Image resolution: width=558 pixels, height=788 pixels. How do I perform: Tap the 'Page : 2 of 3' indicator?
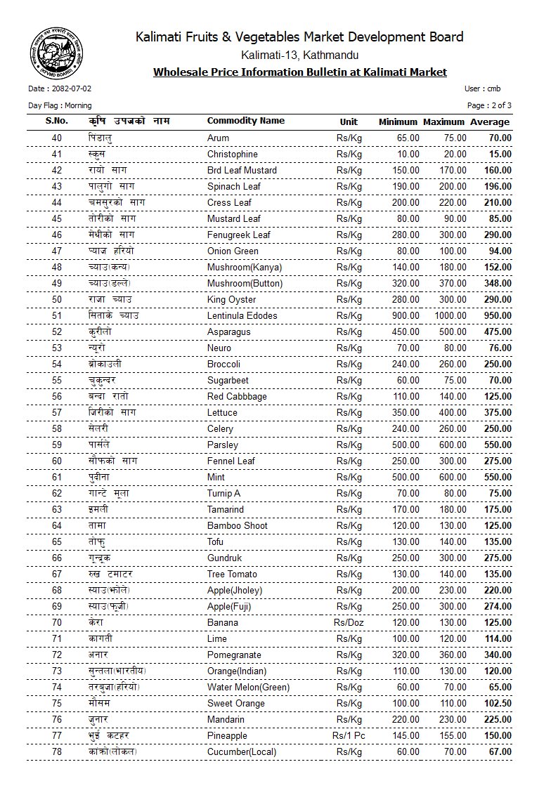click(489, 105)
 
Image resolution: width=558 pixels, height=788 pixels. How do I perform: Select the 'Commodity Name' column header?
click(246, 121)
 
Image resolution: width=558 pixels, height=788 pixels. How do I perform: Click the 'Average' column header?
click(490, 122)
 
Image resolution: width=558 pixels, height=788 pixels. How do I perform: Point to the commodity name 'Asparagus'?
click(228, 331)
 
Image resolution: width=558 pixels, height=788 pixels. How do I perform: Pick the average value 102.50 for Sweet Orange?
click(495, 703)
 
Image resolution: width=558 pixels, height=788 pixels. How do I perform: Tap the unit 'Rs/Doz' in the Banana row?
click(349, 622)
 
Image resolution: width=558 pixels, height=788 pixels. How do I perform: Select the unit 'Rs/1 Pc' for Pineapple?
click(349, 735)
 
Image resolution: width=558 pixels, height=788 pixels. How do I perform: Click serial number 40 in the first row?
click(57, 138)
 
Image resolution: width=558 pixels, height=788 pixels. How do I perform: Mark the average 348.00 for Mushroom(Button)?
click(497, 283)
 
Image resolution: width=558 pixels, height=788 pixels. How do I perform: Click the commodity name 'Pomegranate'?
click(234, 655)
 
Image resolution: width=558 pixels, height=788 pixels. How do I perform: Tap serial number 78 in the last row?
click(57, 751)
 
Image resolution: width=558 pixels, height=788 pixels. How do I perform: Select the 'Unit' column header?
click(349, 122)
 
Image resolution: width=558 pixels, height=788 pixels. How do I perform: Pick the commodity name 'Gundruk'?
click(223, 558)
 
